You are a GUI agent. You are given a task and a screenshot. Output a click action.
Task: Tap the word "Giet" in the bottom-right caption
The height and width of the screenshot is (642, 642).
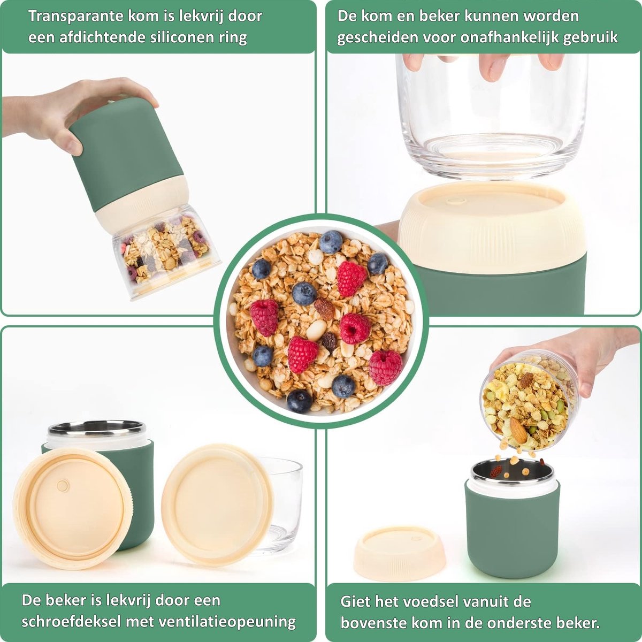point(356,601)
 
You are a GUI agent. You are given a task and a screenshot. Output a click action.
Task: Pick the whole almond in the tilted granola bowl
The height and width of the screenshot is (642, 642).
point(518,430)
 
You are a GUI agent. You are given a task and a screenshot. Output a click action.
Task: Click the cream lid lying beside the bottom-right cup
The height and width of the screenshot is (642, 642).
point(399,553)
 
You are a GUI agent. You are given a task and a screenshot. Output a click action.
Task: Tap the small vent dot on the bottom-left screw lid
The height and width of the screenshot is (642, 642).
point(63,486)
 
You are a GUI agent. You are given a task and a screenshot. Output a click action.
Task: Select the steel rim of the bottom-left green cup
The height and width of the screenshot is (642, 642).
point(97,429)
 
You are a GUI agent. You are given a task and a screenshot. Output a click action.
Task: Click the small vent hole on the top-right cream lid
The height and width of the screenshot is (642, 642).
point(456,202)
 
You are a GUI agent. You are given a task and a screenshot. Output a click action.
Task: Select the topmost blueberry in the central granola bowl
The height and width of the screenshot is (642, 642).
point(331,242)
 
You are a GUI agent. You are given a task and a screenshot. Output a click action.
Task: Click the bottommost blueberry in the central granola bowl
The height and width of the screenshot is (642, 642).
point(299,400)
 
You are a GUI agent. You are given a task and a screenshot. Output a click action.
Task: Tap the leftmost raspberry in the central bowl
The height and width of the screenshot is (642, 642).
point(264,317)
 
